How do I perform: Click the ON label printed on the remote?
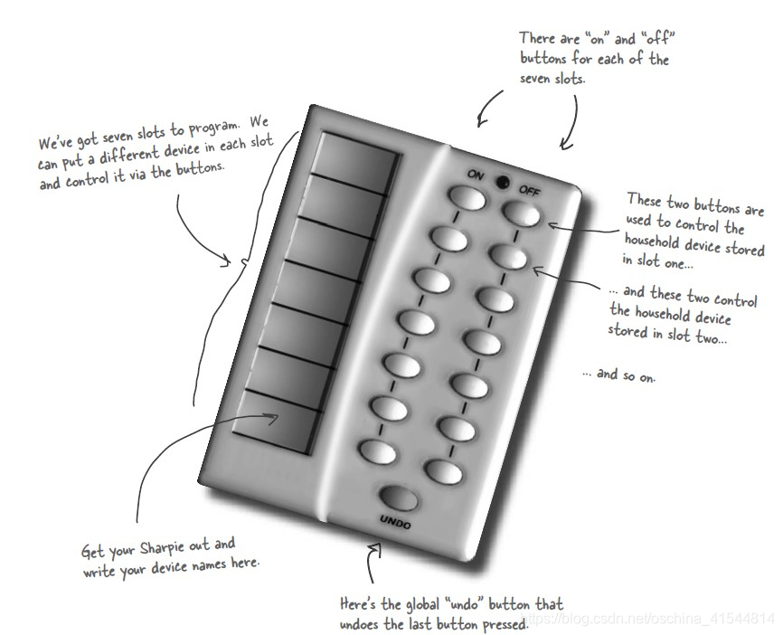pos(476,175)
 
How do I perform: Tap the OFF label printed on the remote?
pos(529,190)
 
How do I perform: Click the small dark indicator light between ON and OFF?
pos(503,183)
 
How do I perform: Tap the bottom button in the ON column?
pos(378,451)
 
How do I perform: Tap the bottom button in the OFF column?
pos(443,471)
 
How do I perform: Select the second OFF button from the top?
pos(508,257)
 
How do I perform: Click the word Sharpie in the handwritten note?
pos(162,548)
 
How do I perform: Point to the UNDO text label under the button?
pos(395,522)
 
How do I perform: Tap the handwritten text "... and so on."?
pos(619,374)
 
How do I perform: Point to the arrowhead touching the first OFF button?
pos(552,226)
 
